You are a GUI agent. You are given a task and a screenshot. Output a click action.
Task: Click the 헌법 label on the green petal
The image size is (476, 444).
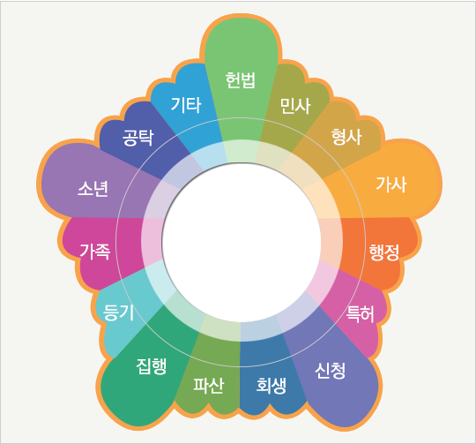click(x=241, y=80)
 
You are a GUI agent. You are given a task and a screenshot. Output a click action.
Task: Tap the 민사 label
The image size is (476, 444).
click(x=295, y=106)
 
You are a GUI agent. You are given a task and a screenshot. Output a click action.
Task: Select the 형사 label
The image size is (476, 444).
click(x=346, y=137)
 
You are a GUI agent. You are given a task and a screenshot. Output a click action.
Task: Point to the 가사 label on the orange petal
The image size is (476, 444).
click(x=391, y=184)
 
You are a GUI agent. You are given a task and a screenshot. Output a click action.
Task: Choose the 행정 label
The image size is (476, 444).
click(x=384, y=252)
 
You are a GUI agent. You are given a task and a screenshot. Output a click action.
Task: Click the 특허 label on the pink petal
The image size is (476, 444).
click(x=361, y=314)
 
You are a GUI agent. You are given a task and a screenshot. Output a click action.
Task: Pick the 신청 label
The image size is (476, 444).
click(x=330, y=371)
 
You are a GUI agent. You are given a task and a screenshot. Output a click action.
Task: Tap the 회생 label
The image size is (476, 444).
click(x=271, y=386)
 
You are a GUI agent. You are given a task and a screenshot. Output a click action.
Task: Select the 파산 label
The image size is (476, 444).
click(x=209, y=386)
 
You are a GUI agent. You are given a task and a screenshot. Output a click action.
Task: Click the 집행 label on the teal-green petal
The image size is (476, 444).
click(x=152, y=366)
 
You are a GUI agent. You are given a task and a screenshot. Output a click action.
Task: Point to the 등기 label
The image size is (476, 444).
click(x=118, y=312)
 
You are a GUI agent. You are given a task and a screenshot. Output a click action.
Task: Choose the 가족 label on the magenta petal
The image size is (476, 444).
click(x=95, y=252)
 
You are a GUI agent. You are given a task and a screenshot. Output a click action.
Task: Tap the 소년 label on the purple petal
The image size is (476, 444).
click(x=93, y=189)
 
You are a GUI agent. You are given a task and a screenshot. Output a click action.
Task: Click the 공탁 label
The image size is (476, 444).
click(x=138, y=138)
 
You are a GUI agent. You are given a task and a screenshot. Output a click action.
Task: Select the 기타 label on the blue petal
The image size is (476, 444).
click(x=186, y=105)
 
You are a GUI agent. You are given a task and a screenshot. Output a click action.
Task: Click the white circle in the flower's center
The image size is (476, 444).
click(x=242, y=242)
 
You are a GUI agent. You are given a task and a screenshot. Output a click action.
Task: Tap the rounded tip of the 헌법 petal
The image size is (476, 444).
click(x=241, y=19)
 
